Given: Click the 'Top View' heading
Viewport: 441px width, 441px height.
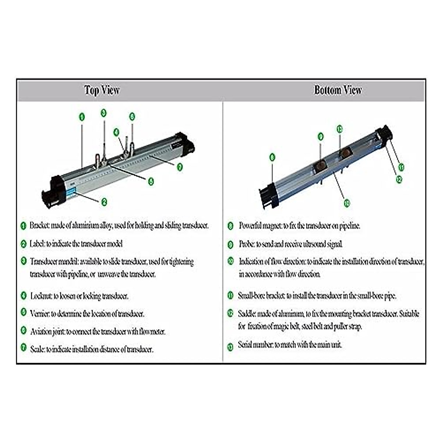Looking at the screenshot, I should (102, 90).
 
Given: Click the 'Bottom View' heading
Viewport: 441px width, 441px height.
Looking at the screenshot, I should (338, 90).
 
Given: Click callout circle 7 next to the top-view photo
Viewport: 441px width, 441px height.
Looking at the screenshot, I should (179, 167).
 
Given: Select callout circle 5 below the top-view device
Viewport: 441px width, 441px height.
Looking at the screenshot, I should (151, 181).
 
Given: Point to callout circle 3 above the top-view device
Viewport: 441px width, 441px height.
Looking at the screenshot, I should (104, 113).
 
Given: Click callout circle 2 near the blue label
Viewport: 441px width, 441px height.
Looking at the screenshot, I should (104, 201).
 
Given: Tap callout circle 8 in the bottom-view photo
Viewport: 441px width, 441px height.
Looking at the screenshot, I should (272, 158).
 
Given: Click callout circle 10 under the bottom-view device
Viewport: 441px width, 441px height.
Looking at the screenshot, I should (347, 202).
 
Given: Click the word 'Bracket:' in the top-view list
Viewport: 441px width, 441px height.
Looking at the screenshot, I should (39, 225).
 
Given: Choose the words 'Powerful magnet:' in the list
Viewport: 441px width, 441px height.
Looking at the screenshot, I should (260, 226).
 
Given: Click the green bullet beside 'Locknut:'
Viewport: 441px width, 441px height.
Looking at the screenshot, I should (24, 295).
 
